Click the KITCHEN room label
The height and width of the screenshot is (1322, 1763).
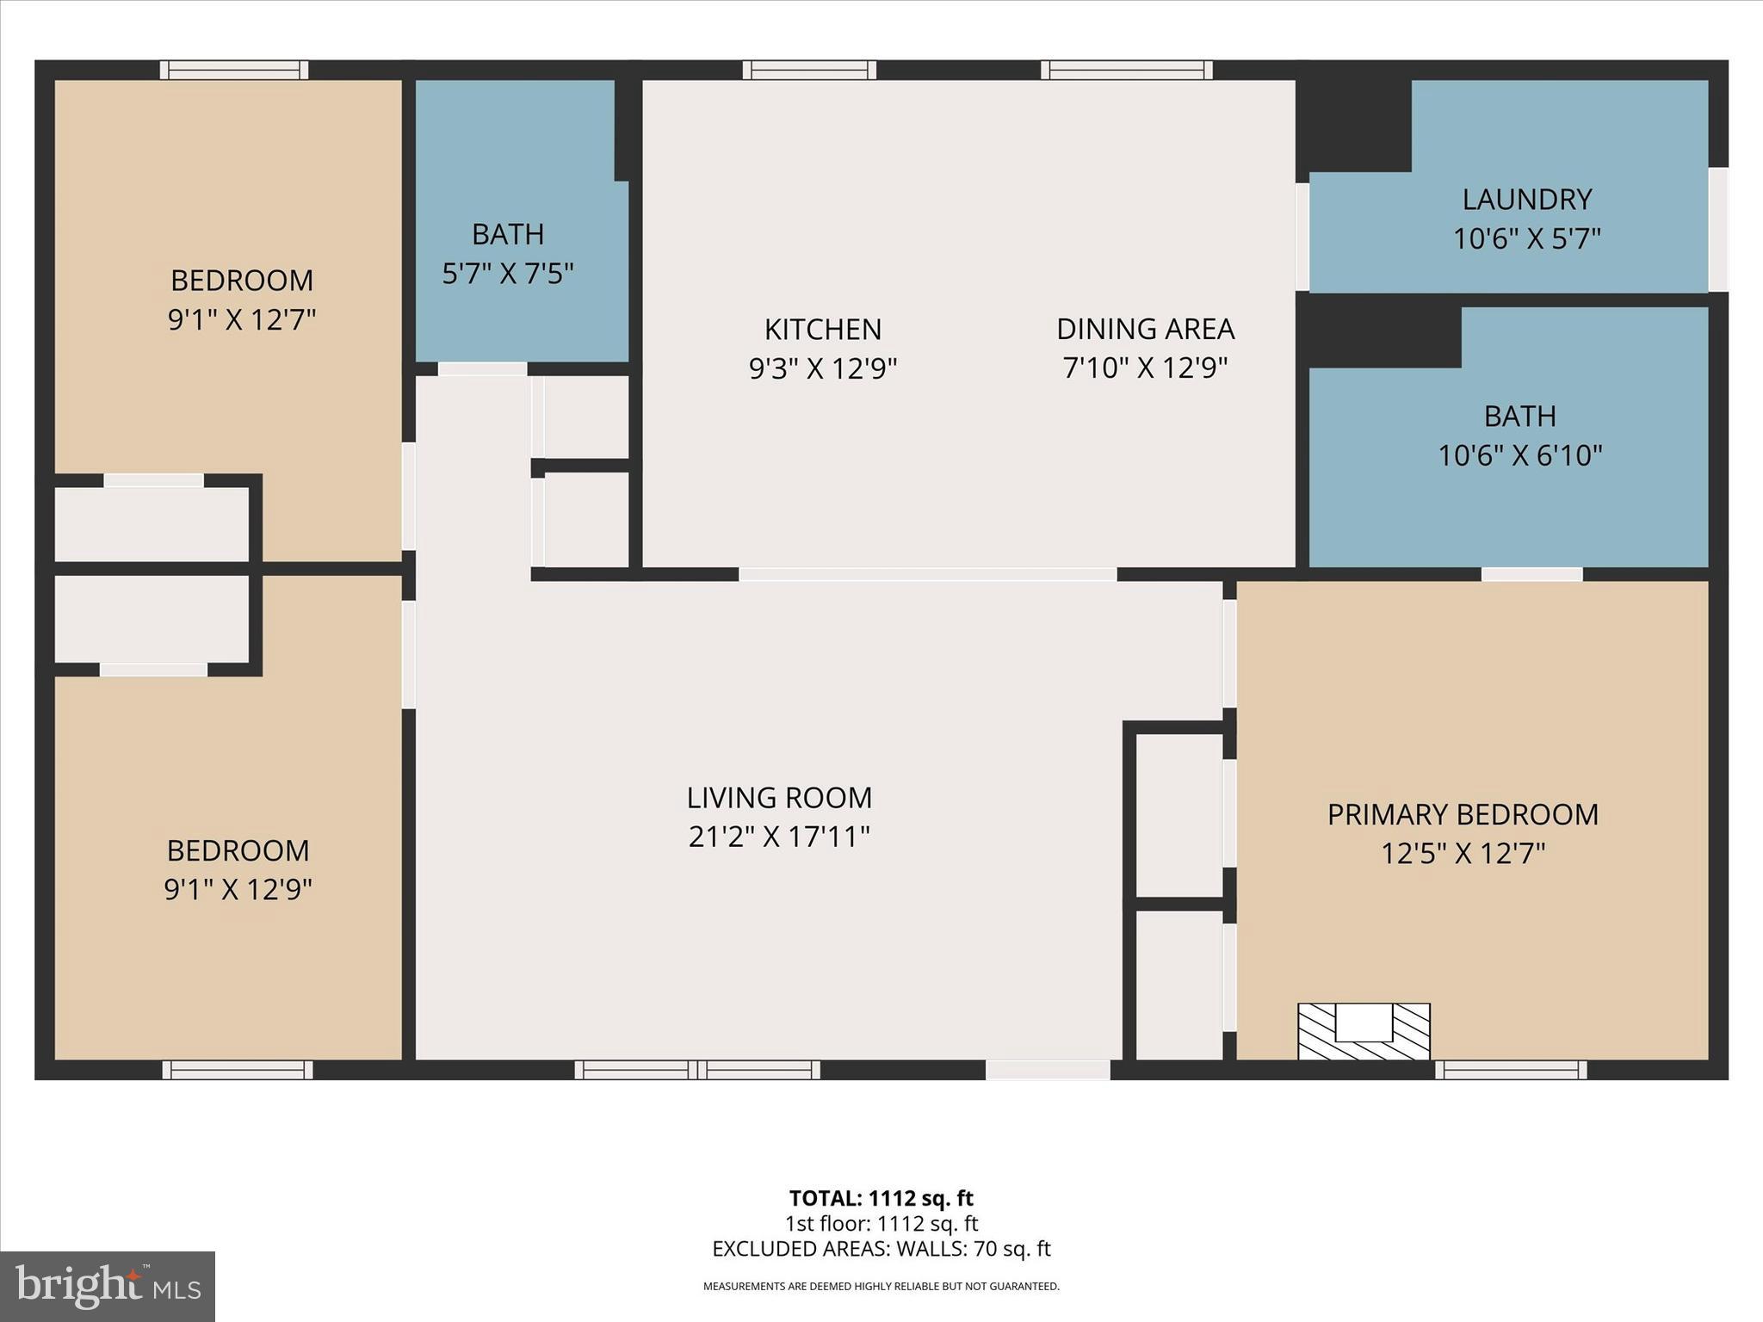tap(822, 330)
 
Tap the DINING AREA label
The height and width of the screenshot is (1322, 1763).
tap(1145, 329)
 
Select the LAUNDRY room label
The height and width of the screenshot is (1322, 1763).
tap(1526, 200)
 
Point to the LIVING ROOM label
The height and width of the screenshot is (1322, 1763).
tap(779, 798)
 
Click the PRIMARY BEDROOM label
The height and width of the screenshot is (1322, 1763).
tap(1463, 814)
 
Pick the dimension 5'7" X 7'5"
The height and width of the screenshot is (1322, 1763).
tap(508, 274)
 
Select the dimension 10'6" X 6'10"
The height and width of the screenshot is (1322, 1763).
tap(1519, 455)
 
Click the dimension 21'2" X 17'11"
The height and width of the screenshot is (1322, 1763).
tap(779, 837)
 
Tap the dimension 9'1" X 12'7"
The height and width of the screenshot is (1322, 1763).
tap(242, 320)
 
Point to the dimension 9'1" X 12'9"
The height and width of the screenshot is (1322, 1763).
tap(238, 889)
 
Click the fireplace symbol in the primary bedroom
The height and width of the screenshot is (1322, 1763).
tap(1364, 1031)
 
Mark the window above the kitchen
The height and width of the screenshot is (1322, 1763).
tap(809, 70)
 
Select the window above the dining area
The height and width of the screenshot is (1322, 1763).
tap(1126, 70)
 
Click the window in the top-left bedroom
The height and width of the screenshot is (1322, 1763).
tap(234, 70)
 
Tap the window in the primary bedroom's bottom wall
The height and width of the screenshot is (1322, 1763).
tap(1511, 1070)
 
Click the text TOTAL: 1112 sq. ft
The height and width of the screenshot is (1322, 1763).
tap(881, 1198)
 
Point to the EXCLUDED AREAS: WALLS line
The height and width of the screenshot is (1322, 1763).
tap(881, 1249)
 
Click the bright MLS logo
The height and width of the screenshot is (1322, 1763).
tap(108, 1286)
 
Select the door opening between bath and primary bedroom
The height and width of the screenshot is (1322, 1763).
tap(1531, 574)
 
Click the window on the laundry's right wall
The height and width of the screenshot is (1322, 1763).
tap(1717, 228)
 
